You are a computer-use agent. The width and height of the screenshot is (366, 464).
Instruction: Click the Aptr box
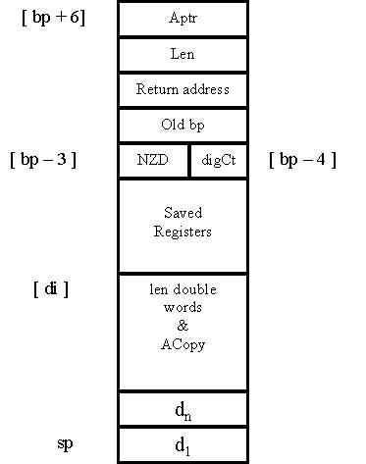pyautogui.click(x=183, y=19)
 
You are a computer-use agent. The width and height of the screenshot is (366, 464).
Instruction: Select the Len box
pyautogui.click(x=183, y=55)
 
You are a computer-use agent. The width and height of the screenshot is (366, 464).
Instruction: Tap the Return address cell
pyautogui.click(x=183, y=90)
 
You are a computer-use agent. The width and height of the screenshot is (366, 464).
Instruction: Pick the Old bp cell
pyautogui.click(x=183, y=126)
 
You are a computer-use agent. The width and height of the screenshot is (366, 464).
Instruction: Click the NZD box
pyautogui.click(x=153, y=161)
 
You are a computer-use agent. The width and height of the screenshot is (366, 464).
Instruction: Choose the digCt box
pyautogui.click(x=219, y=161)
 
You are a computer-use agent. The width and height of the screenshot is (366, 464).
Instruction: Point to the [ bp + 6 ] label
pyautogui.click(x=53, y=18)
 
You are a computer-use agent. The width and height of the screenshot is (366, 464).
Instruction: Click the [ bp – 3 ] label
pyautogui.click(x=43, y=160)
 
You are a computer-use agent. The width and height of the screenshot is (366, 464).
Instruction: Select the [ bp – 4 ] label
pyautogui.click(x=302, y=160)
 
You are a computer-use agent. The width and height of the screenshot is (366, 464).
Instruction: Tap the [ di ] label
pyautogui.click(x=51, y=288)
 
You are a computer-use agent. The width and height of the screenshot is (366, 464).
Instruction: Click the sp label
pyautogui.click(x=65, y=444)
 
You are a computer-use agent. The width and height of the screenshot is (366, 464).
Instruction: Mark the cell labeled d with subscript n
pyautogui.click(x=183, y=409)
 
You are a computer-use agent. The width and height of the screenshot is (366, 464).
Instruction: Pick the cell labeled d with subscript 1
pyautogui.click(x=183, y=445)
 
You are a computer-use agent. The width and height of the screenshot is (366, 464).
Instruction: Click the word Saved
pyautogui.click(x=183, y=213)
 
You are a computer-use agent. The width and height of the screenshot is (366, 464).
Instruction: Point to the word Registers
pyautogui.click(x=183, y=232)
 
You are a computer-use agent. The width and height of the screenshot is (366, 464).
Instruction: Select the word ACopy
pyautogui.click(x=183, y=345)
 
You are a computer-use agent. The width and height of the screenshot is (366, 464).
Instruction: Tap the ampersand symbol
pyautogui.click(x=183, y=326)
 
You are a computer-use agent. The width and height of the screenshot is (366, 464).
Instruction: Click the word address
pyautogui.click(x=206, y=89)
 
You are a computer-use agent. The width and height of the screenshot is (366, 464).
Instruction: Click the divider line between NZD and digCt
pyautogui.click(x=189, y=161)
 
